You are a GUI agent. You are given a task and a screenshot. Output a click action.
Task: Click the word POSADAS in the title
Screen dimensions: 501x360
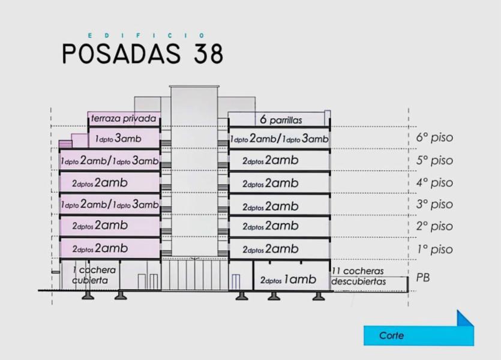[121, 53]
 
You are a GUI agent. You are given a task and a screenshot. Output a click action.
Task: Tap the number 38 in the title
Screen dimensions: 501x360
[208, 53]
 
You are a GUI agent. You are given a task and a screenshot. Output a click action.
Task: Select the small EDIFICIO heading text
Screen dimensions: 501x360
[146, 35]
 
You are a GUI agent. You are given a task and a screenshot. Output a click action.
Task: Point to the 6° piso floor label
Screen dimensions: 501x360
[434, 137]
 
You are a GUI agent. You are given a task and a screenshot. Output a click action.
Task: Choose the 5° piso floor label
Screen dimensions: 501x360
[434, 160]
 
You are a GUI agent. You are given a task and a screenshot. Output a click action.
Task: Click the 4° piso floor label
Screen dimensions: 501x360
[434, 183]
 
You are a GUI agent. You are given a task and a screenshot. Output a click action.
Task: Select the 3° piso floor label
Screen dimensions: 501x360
[434, 204]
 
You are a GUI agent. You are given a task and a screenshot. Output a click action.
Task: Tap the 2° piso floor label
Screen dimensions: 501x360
[434, 226]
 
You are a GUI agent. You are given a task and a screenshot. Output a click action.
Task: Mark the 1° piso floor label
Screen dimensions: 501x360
[434, 249]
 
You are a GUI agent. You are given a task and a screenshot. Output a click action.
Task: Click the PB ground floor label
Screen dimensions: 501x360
[423, 278]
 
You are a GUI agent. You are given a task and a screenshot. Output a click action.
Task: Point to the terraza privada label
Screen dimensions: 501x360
[124, 119]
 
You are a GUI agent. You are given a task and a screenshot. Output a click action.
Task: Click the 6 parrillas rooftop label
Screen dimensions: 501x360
[281, 120]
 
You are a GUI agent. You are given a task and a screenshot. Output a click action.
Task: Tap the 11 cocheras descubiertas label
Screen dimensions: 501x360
[358, 277]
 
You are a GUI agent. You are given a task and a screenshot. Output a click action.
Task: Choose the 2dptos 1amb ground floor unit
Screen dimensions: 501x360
[288, 280]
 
